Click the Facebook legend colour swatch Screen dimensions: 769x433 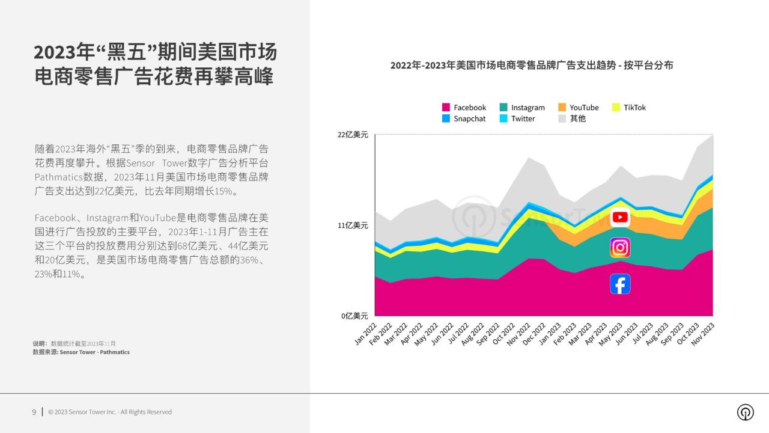(x=446, y=107)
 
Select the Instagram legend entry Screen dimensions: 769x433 (x=522, y=107)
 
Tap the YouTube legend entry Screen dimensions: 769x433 (x=579, y=107)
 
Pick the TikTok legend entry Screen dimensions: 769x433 (x=629, y=107)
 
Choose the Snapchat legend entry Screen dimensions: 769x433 (x=464, y=118)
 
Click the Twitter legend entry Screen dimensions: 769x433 (x=517, y=118)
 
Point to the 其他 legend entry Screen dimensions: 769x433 (x=572, y=118)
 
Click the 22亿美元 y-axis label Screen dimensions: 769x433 (x=353, y=135)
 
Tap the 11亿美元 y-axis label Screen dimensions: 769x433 (x=353, y=226)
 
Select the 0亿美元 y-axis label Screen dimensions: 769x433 (x=354, y=316)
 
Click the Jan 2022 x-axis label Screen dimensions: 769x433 (x=366, y=333)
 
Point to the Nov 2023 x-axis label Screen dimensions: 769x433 (x=702, y=334)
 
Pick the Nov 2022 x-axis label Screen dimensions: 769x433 (x=518, y=334)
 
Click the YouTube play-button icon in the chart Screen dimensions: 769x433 (x=620, y=217)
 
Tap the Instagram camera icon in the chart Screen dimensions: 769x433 (x=620, y=247)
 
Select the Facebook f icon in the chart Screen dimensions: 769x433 (x=620, y=284)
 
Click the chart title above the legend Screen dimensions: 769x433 (x=532, y=66)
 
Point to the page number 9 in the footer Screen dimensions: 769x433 (x=34, y=412)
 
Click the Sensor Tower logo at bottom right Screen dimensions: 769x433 (x=746, y=412)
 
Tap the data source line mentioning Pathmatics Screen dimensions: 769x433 (x=81, y=352)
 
